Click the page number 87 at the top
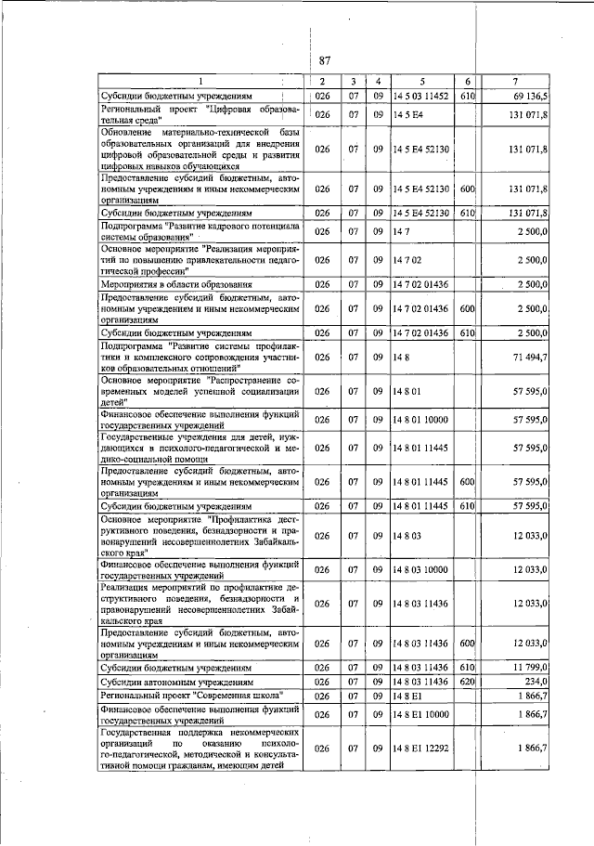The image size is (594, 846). pyautogui.click(x=324, y=60)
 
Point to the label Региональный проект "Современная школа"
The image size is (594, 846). pyautogui.click(x=190, y=696)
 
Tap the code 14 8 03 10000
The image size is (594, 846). pyautogui.click(x=420, y=568)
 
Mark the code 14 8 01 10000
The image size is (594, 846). pyautogui.click(x=420, y=420)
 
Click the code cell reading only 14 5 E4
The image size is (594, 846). pyautogui.click(x=407, y=114)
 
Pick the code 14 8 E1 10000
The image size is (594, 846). pyautogui.click(x=420, y=714)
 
